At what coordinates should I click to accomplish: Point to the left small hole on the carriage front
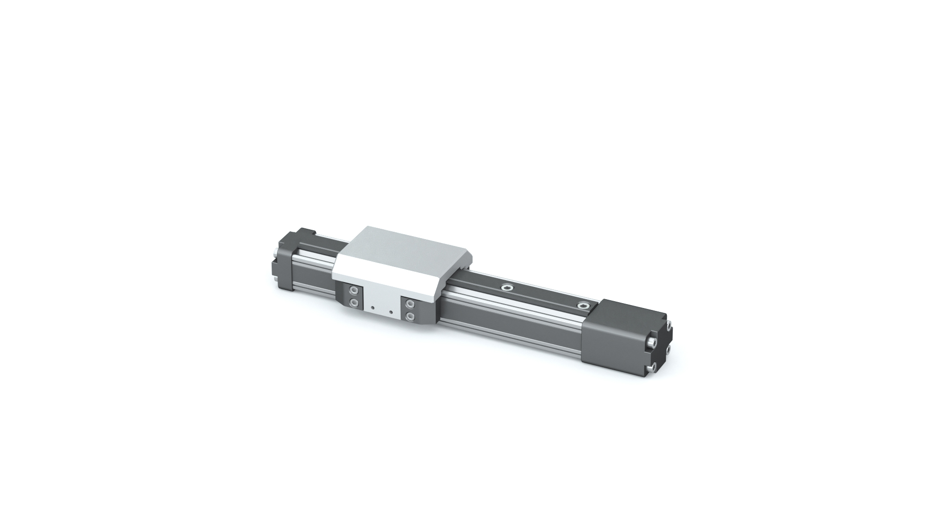[x=373, y=308]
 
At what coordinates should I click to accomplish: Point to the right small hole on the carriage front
[x=391, y=311]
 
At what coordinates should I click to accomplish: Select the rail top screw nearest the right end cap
[x=583, y=306]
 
